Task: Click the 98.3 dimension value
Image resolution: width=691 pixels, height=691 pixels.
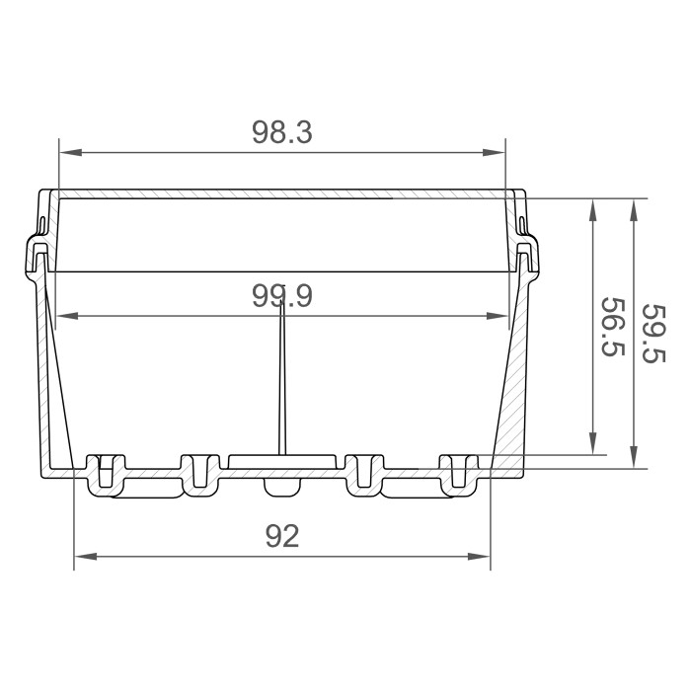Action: coord(281,133)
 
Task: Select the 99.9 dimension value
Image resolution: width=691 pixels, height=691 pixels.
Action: coord(281,295)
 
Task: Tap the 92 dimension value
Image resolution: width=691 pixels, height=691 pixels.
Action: coord(282,536)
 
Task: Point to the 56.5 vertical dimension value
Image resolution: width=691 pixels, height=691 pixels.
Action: coord(611,328)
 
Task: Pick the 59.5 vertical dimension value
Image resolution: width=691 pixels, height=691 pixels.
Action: coord(652,333)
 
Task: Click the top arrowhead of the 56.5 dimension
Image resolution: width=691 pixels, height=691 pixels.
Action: coord(593,207)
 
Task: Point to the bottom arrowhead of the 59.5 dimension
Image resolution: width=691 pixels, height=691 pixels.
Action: coord(633,460)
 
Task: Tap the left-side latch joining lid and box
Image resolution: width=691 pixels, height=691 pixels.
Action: coord(37,255)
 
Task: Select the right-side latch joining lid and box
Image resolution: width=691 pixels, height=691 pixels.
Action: coord(527,255)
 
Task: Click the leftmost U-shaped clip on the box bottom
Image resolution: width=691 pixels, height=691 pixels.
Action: coord(107,472)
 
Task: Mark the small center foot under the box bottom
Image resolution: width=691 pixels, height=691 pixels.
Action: coord(281,488)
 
